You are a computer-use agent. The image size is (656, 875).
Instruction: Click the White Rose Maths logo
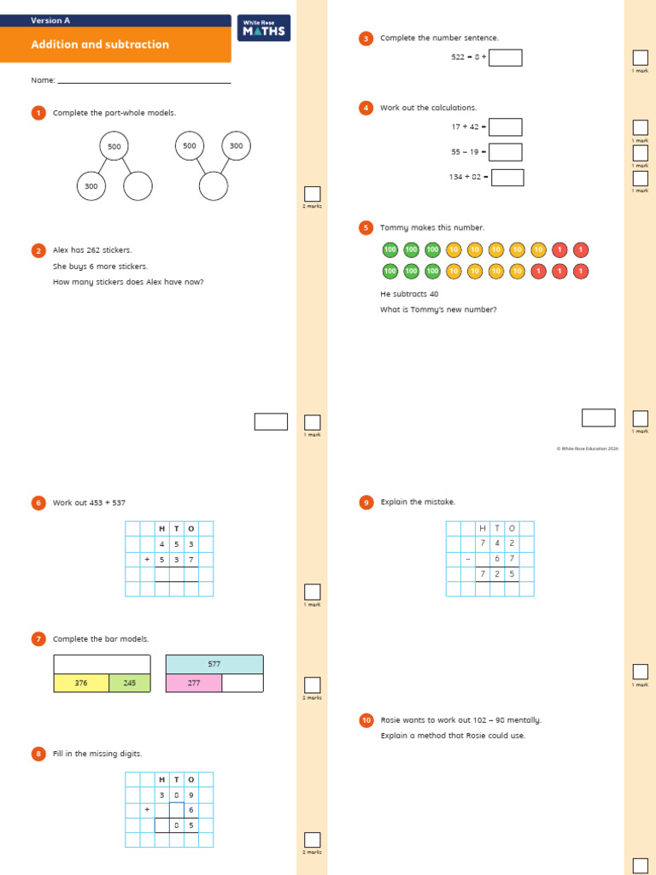[265, 28]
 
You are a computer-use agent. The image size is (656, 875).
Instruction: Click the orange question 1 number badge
[38, 113]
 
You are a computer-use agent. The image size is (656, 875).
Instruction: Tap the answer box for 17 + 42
[505, 126]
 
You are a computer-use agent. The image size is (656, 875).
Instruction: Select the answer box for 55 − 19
[505, 152]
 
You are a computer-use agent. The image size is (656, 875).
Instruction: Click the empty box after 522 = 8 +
[505, 57]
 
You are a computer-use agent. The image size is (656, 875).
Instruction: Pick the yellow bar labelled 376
[81, 683]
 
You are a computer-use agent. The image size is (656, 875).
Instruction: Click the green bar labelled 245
[130, 683]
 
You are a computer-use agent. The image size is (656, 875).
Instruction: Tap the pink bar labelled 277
[194, 683]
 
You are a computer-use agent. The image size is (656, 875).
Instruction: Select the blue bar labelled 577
[214, 664]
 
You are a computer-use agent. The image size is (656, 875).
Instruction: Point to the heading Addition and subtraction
[100, 44]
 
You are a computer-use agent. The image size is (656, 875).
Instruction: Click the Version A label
[50, 20]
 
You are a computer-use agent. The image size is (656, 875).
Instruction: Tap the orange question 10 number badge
[366, 720]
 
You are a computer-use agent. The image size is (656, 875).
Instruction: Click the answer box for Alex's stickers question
[271, 421]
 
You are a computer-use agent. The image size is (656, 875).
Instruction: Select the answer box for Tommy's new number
[598, 417]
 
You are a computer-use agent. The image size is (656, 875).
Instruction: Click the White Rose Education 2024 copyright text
[588, 448]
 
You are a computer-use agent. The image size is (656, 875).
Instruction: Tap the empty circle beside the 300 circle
[138, 186]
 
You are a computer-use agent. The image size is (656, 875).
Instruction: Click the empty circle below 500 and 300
[214, 186]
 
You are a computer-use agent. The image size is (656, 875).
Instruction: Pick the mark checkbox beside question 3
[640, 57]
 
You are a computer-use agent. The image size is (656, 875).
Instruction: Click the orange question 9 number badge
[366, 502]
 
